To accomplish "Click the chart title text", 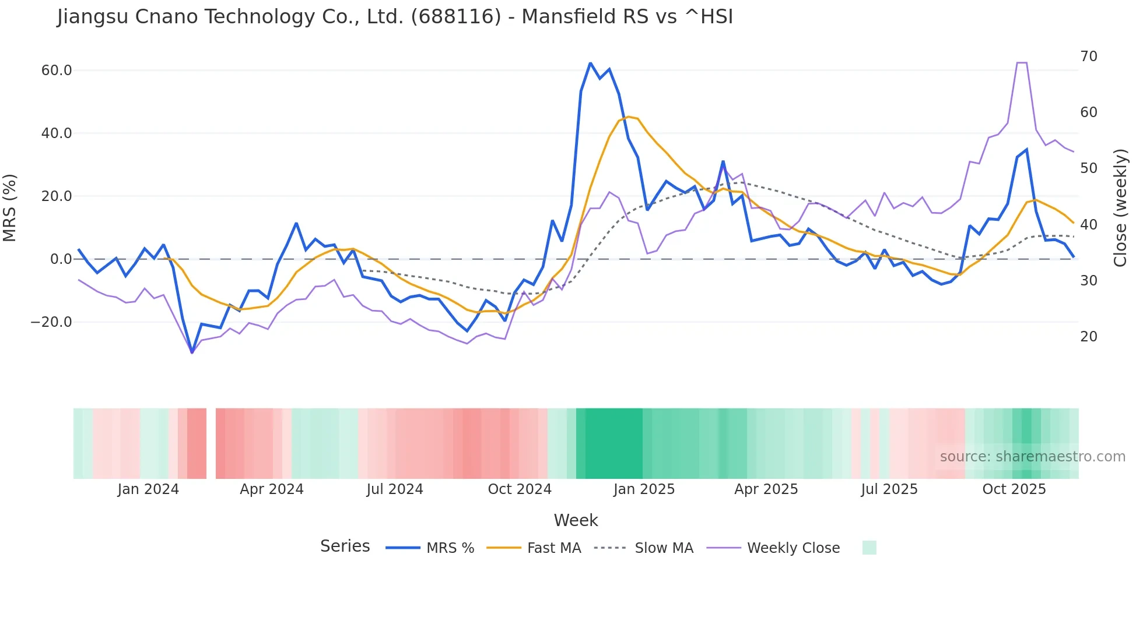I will click(395, 17).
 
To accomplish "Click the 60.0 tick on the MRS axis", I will click(57, 70).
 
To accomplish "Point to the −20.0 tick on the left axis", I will click(52, 322).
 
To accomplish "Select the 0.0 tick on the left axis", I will click(61, 259).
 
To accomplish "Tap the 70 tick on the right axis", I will click(1088, 57).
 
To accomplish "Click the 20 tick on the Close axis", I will click(1088, 337).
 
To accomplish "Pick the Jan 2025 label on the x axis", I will click(644, 489).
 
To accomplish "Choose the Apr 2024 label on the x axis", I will click(272, 489).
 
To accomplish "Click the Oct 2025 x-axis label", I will click(1014, 489).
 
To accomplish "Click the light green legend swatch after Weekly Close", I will click(869, 548).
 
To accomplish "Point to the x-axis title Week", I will click(576, 520).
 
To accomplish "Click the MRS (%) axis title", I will click(10, 208).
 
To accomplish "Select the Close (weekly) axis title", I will click(1120, 208).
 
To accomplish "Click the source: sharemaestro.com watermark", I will click(1032, 457).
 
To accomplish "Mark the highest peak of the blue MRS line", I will click(590, 63).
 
